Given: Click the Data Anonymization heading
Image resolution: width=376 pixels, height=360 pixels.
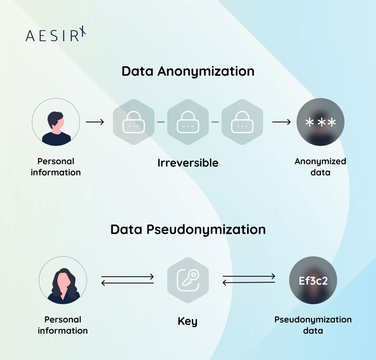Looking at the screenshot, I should (x=188, y=71).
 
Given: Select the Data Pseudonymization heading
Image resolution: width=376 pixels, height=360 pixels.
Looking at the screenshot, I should (x=188, y=230).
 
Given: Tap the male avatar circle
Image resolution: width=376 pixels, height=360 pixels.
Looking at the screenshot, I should (x=56, y=122).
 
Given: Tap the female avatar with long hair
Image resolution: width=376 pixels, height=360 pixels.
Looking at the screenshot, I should (x=63, y=280).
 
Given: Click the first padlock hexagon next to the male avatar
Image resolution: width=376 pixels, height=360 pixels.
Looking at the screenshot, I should (x=134, y=122).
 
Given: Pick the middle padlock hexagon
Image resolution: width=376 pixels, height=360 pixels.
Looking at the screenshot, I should (x=188, y=122).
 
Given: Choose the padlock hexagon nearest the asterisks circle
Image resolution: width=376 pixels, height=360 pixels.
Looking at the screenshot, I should (x=242, y=122).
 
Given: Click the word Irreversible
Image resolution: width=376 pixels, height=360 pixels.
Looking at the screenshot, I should (x=188, y=163).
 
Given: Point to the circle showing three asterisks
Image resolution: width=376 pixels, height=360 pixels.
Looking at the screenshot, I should (x=320, y=122).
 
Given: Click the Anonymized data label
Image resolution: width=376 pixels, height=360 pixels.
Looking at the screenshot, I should (x=320, y=167).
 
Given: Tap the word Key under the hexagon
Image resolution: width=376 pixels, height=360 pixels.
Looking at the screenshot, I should (x=188, y=321).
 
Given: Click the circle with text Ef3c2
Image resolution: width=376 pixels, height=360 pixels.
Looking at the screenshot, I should (x=313, y=280).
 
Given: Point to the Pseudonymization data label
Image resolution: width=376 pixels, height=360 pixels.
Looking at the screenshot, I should (x=313, y=325).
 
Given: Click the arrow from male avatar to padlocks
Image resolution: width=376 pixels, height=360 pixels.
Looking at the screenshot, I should (x=95, y=122).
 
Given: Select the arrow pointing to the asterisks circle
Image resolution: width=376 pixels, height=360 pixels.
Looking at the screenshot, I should (x=281, y=122).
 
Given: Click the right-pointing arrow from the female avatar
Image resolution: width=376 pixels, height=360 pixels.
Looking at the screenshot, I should (x=128, y=277).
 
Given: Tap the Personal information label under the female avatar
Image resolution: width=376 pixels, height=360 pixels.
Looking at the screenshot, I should (x=63, y=325).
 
